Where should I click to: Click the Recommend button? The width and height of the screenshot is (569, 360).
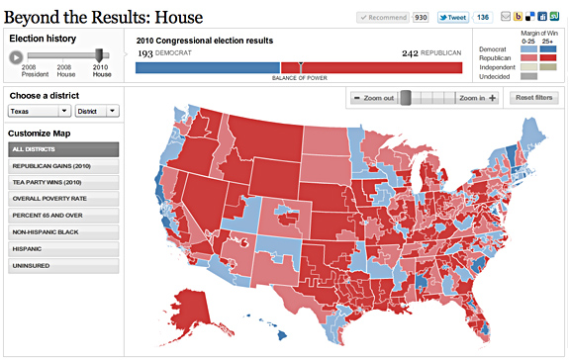[382, 18]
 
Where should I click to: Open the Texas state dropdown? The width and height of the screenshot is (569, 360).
[38, 112]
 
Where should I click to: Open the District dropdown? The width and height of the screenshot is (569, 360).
[97, 112]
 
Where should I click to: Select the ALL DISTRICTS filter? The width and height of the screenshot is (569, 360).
[63, 149]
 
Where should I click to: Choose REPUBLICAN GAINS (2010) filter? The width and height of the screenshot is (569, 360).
[63, 166]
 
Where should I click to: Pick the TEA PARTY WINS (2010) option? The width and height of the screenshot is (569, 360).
[63, 183]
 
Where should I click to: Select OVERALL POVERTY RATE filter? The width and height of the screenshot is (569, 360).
[63, 200]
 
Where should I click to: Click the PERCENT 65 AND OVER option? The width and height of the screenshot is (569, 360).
[63, 217]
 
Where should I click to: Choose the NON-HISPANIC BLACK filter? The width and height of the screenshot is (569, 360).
[63, 232]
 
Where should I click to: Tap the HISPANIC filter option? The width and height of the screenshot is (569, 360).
[63, 249]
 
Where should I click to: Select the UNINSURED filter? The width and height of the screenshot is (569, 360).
[63, 266]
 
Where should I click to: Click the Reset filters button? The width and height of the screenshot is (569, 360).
[533, 98]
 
